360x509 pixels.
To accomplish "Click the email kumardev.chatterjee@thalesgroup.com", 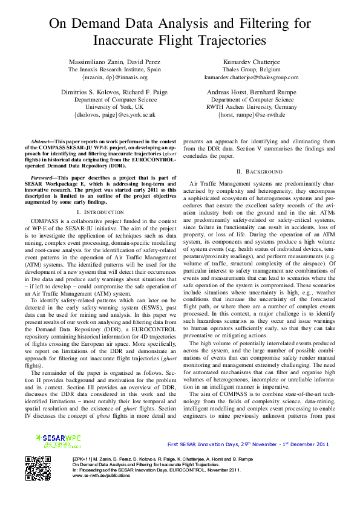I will (252, 77).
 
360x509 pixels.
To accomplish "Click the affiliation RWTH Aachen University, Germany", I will (252, 106).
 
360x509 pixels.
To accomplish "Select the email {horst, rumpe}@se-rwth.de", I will (252, 114).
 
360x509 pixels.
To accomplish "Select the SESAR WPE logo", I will (58, 441).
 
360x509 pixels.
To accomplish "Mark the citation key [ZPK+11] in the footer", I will (83, 459).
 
